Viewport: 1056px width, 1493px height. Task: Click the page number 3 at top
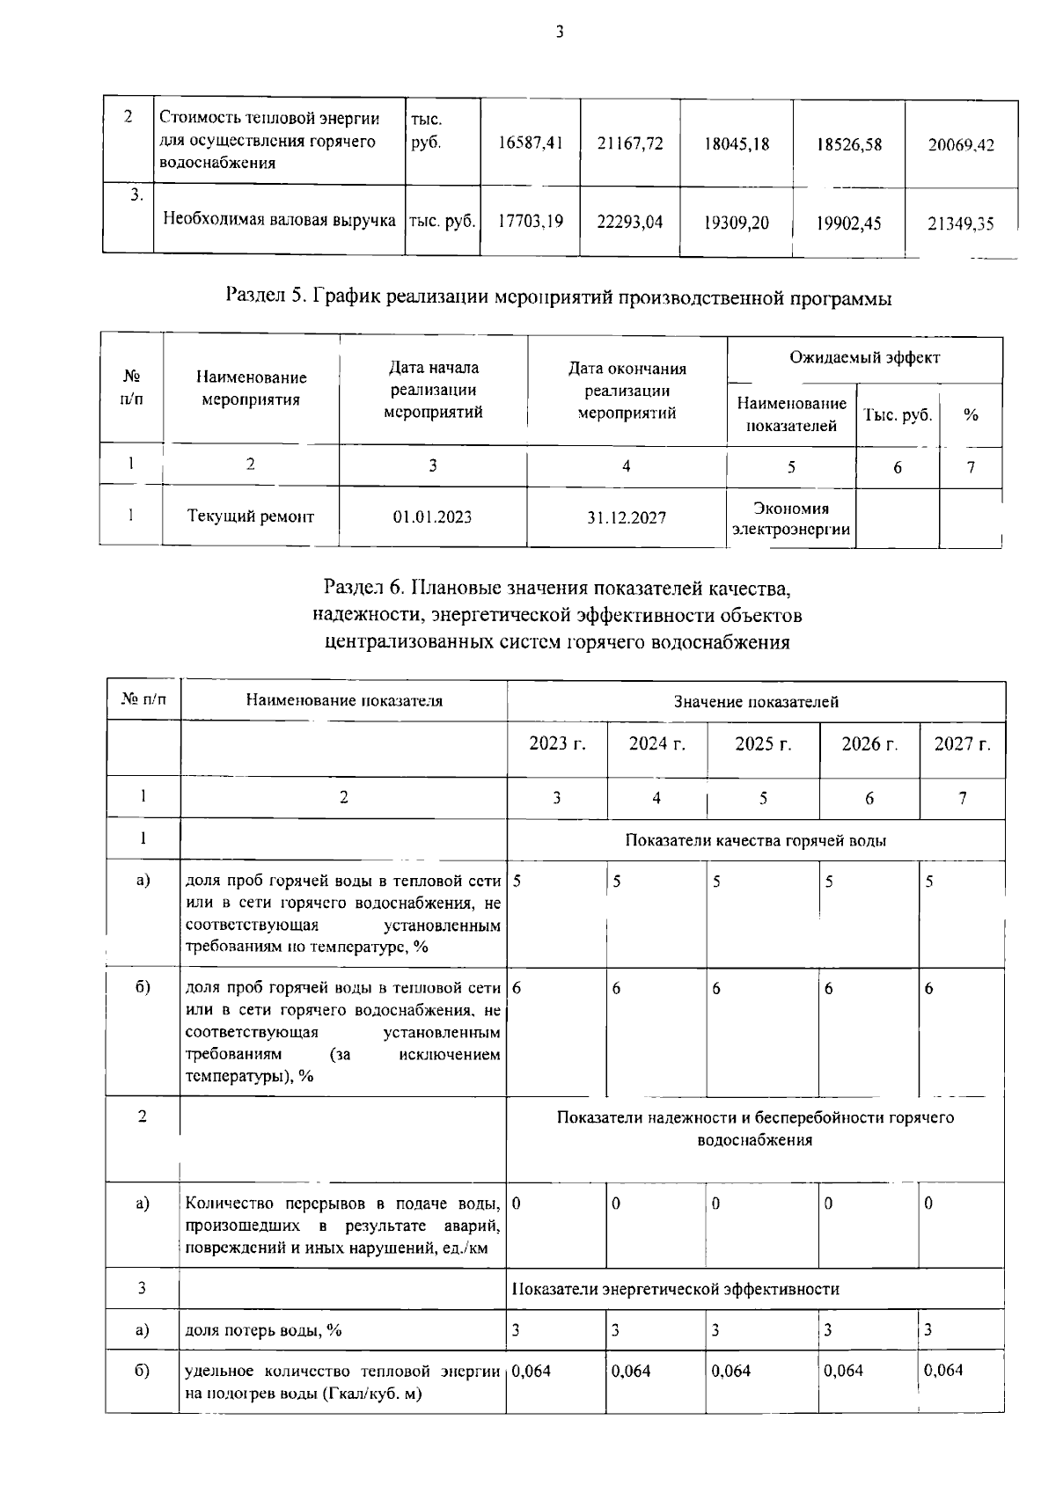[559, 33]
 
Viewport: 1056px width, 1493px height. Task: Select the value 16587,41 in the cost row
[530, 144]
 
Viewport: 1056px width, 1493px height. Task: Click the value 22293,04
[629, 222]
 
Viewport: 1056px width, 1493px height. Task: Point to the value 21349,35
[961, 223]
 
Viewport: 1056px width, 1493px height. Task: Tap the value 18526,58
[849, 144]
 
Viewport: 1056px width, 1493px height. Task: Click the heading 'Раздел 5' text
[559, 298]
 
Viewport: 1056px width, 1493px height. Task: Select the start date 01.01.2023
[432, 517]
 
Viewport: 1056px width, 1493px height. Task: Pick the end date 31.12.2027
[627, 517]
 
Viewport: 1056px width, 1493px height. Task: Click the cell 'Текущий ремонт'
[251, 516]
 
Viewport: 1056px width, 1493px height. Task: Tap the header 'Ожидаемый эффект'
[864, 358]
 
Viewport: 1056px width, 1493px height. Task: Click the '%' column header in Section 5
[971, 415]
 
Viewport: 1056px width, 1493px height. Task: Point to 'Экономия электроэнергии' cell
[790, 519]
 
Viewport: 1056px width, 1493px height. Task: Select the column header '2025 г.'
[763, 744]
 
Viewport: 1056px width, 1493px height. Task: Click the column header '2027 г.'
[962, 744]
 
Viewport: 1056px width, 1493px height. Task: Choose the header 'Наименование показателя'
[344, 701]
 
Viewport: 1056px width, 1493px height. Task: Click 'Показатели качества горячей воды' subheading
[755, 840]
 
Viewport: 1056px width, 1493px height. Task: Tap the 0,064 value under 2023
[531, 1371]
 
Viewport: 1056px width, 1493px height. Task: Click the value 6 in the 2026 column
[829, 989]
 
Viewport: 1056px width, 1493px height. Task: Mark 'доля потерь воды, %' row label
[263, 1330]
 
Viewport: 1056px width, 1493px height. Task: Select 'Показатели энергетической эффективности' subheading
[675, 1289]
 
